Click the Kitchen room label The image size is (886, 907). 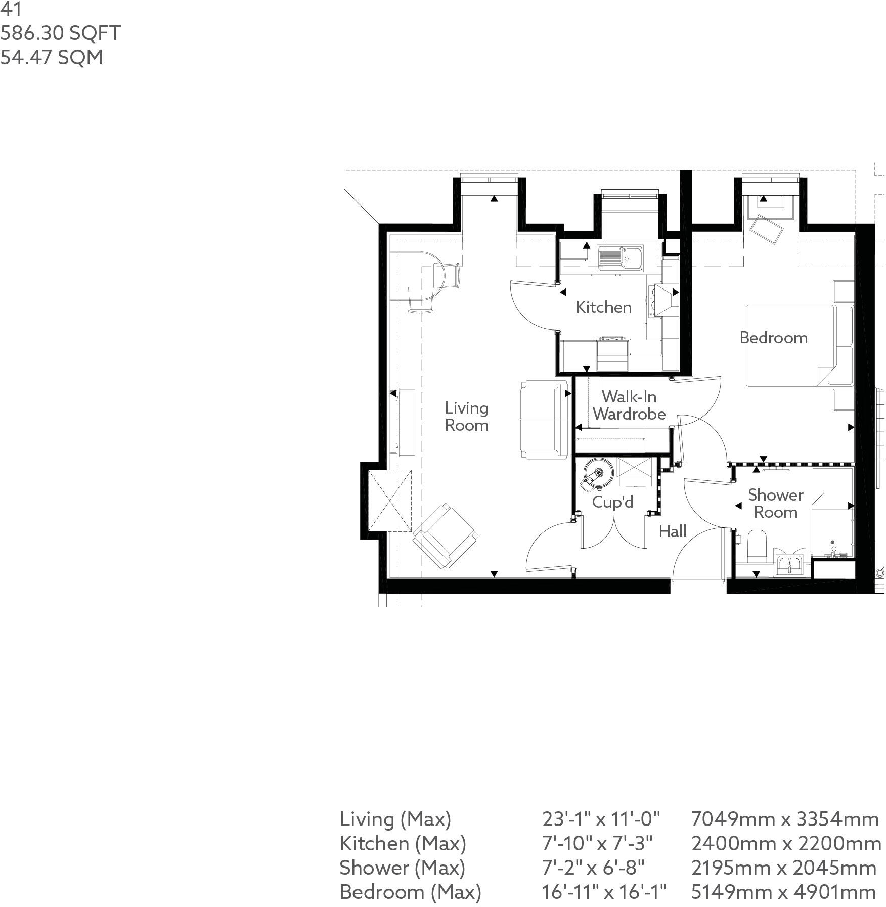coord(603,307)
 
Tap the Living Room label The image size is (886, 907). coord(466,417)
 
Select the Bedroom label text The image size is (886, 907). coord(773,338)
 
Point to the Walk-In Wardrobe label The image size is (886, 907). coord(629,405)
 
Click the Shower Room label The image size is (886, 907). coord(775,504)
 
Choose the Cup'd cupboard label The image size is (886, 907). coord(612,502)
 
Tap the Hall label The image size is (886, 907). coord(673,531)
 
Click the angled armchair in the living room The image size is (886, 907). coord(446,536)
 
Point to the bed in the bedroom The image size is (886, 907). coord(789,346)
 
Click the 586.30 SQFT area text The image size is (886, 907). coord(61,33)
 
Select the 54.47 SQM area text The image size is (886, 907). coord(52,58)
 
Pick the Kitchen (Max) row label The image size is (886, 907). coord(403,843)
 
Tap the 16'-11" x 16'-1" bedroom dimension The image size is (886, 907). coord(604,892)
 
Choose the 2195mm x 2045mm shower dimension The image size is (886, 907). coord(783,868)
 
